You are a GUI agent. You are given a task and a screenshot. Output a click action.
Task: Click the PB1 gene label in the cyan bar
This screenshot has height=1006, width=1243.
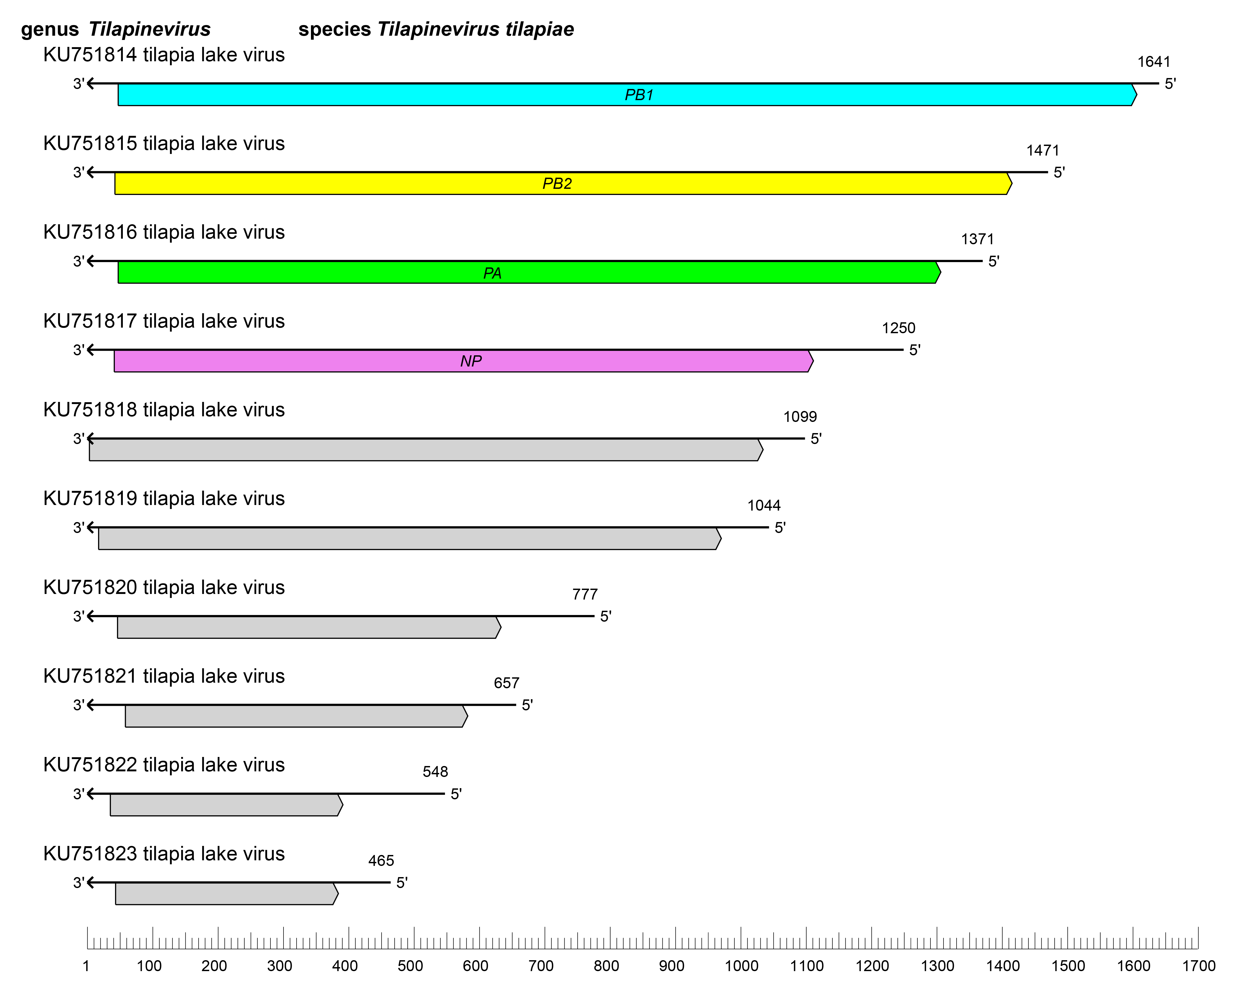point(639,95)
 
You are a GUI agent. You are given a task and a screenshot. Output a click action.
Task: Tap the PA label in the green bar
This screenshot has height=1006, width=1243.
point(492,273)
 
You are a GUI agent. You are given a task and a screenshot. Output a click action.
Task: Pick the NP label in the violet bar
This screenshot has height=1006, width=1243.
point(471,362)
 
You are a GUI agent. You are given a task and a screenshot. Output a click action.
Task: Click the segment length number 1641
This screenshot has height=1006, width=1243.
point(1154,62)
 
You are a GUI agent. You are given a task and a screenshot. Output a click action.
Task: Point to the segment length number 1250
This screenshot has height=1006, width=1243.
point(898,328)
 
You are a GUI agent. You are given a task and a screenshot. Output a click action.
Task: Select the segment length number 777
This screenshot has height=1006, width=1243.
point(584,594)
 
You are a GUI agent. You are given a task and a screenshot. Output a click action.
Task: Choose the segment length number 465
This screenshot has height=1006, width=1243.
point(381,861)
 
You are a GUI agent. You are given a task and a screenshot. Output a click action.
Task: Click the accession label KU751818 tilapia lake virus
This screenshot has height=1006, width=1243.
point(164,410)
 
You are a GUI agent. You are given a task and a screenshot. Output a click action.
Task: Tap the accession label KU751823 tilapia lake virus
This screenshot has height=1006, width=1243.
point(164,854)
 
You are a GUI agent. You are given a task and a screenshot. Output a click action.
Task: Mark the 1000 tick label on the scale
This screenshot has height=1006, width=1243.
point(741,966)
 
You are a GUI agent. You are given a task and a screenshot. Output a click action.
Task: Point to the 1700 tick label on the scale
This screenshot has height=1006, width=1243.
point(1198,966)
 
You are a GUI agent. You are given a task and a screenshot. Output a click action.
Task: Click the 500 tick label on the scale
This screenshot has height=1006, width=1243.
point(410,966)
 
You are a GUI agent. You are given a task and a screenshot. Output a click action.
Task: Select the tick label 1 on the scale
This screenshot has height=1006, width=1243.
point(86,966)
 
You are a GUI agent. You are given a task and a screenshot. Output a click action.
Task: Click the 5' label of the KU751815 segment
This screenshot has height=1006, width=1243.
point(1059,173)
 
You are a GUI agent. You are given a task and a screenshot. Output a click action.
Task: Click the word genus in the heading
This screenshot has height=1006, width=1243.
point(50,30)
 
